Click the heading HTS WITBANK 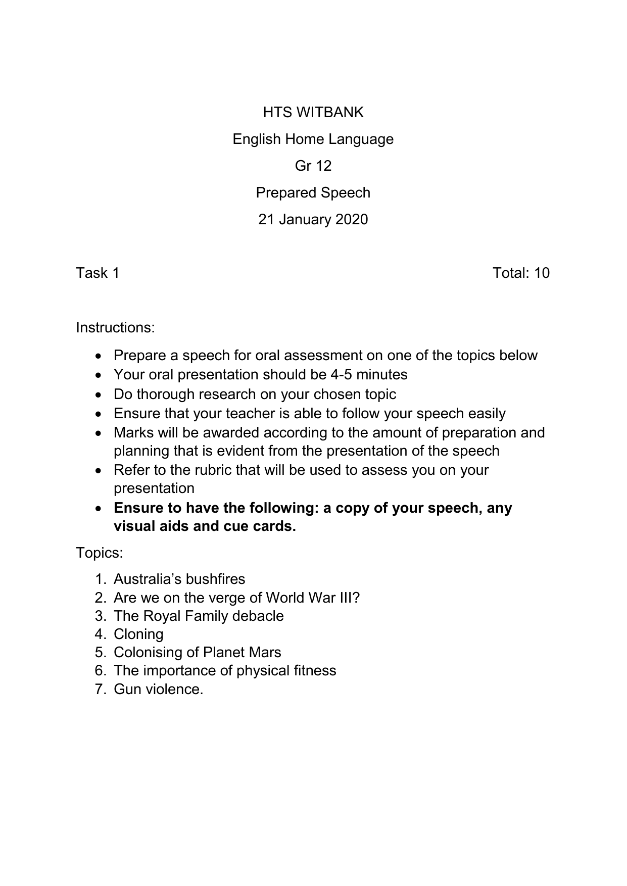click(313, 112)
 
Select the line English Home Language click(313, 139)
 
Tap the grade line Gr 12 click(313, 166)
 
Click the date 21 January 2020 click(313, 219)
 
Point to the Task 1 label click(98, 273)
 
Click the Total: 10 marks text click(521, 273)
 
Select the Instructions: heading click(115, 327)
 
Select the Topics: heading click(100, 553)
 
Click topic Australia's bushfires click(179, 579)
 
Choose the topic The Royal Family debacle click(199, 616)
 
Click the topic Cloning click(138, 634)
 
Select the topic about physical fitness click(225, 670)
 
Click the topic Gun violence click(158, 689)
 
